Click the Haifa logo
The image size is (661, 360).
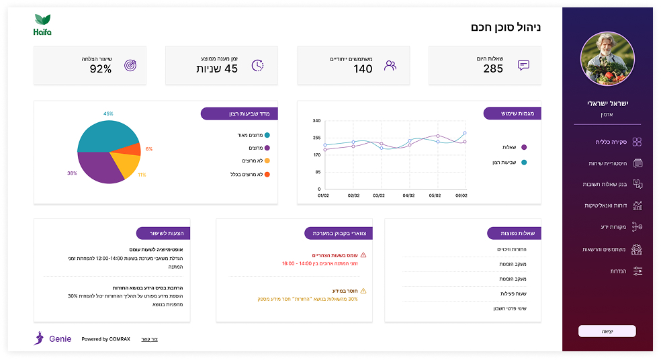42,25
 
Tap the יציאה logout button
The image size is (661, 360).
607,331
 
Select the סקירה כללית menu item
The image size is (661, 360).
611,142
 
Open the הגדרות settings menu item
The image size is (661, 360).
615,271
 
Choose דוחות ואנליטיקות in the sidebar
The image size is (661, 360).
607,206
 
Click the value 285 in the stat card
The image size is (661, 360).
493,69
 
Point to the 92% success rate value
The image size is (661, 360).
101,69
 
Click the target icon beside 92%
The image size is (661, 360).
130,66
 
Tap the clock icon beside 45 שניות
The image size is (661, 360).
257,66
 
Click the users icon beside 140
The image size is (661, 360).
390,66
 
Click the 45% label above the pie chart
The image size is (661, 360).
108,114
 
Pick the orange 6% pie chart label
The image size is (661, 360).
149,148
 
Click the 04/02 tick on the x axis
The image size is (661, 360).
408,195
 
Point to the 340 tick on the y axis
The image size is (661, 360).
316,121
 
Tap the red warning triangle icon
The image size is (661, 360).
363,255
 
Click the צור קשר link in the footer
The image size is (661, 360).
150,339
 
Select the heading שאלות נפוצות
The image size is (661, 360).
518,233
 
